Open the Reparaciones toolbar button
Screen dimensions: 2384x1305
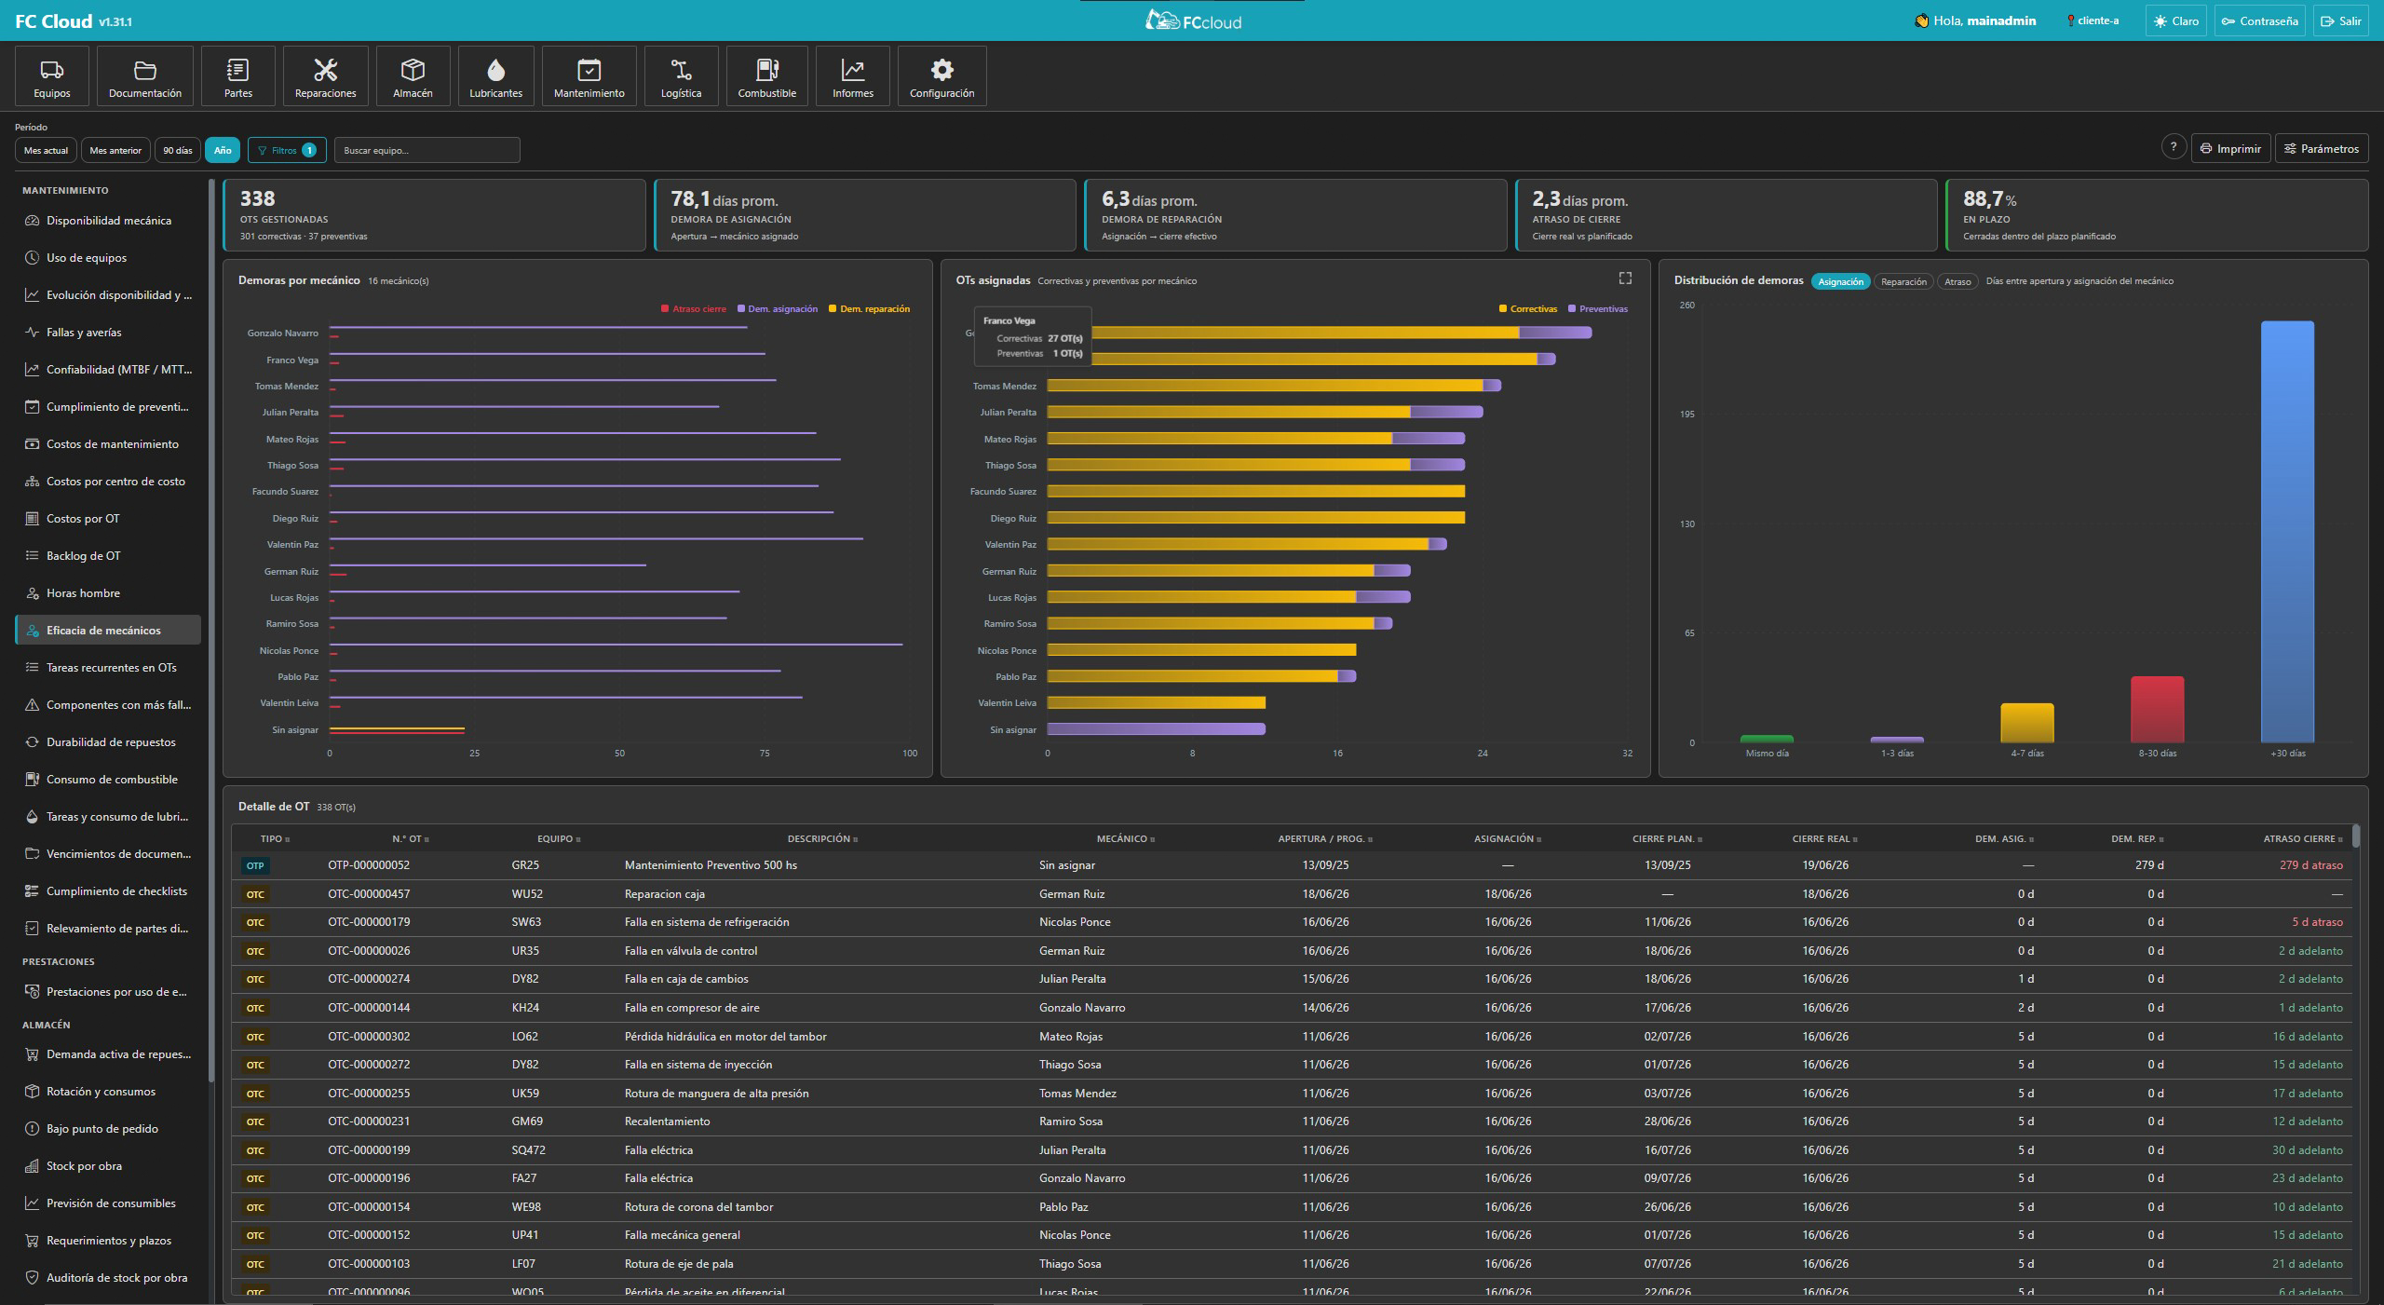pyautogui.click(x=325, y=76)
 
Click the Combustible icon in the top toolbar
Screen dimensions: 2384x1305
pyautogui.click(x=766, y=70)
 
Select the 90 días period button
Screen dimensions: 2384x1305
pyautogui.click(x=178, y=150)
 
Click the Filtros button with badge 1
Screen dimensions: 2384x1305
pyautogui.click(x=287, y=150)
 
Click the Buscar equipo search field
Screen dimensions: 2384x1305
pyautogui.click(x=427, y=150)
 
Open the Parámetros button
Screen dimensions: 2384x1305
pyautogui.click(x=2321, y=149)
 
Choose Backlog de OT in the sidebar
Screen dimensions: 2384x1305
pyautogui.click(x=83, y=556)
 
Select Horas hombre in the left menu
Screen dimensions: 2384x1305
pyautogui.click(x=83, y=593)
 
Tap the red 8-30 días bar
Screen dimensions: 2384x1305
pyautogui.click(x=2157, y=710)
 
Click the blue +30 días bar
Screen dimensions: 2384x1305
pyautogui.click(x=2287, y=532)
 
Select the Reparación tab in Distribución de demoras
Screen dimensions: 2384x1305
pyautogui.click(x=1903, y=281)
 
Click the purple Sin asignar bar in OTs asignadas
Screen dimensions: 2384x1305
pyautogui.click(x=1156, y=729)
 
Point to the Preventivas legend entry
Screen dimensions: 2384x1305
pyautogui.click(x=1598, y=308)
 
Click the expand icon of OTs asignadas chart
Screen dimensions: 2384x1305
pyautogui.click(x=1625, y=279)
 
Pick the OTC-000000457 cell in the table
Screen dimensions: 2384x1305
pyautogui.click(x=369, y=894)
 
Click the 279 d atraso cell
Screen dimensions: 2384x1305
pyautogui.click(x=2310, y=865)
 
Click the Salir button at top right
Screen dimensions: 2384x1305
pyautogui.click(x=2340, y=21)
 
